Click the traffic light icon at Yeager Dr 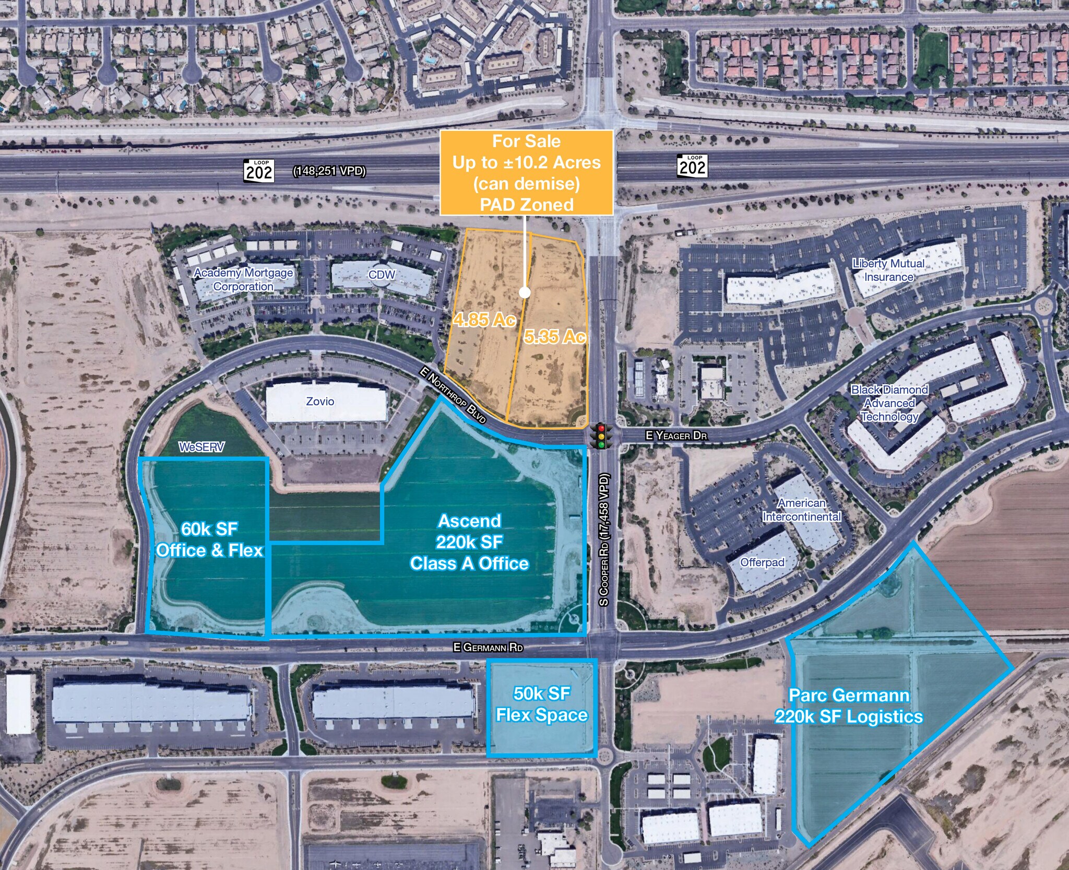point(601,436)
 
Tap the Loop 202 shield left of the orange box point(259,171)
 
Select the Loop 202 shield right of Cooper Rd point(692,166)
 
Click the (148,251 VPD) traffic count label point(329,171)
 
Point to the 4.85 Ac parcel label point(484,319)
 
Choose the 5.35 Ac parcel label point(554,337)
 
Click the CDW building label point(382,275)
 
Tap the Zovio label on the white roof point(320,401)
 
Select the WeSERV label point(201,447)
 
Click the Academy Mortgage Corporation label point(243,279)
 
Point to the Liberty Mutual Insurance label point(888,270)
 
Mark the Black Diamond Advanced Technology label point(889,403)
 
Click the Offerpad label point(762,562)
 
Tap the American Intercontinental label point(802,510)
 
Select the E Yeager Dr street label point(676,436)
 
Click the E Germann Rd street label point(488,648)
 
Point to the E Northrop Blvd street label point(453,395)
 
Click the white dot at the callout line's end point(525,292)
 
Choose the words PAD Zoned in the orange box point(527,204)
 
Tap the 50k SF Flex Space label point(542,704)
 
